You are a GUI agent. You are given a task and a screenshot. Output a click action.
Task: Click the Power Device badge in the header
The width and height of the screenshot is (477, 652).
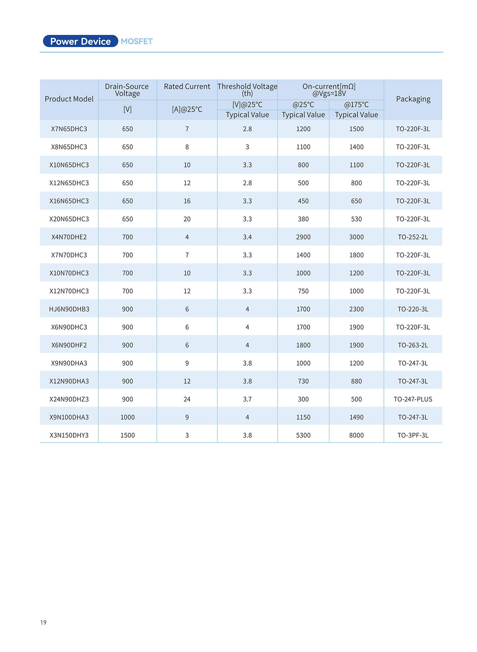tap(80, 41)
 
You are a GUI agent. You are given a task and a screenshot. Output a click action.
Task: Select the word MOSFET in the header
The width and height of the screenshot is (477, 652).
tap(137, 41)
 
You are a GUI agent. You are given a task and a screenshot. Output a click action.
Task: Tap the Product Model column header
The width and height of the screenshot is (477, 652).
tap(69, 99)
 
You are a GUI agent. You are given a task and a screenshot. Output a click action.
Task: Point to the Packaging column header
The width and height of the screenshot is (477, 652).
tap(413, 99)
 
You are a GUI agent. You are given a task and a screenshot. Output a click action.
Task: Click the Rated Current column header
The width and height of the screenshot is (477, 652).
tap(187, 86)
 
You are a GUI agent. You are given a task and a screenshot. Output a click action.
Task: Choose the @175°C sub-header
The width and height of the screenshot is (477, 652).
tap(356, 105)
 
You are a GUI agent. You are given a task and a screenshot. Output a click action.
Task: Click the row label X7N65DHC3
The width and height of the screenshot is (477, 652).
tap(69, 129)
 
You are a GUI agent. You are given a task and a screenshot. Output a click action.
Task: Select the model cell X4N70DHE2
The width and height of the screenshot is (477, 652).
tap(69, 237)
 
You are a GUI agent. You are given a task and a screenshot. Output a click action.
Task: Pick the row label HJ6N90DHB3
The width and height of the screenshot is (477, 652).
tap(69, 309)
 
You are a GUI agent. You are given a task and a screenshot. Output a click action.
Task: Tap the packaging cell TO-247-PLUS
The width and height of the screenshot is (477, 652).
tap(413, 399)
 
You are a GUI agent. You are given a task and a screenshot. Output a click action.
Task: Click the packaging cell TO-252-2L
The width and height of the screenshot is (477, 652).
tap(413, 237)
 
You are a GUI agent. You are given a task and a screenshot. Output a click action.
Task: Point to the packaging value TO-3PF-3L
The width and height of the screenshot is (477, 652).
tap(413, 435)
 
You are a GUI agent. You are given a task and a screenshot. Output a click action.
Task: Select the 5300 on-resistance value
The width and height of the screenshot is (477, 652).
tap(303, 435)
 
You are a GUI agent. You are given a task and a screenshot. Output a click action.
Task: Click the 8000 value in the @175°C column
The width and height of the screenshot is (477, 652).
tap(356, 435)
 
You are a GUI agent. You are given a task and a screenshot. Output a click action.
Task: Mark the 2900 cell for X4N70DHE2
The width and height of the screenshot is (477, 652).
tap(303, 237)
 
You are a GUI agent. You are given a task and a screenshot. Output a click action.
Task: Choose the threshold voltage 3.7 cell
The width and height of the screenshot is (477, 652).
tap(247, 399)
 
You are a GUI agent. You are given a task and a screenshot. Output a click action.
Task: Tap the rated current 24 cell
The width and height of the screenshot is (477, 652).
tap(187, 399)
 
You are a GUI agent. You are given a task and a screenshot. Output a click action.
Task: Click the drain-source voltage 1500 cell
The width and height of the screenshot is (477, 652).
tap(127, 435)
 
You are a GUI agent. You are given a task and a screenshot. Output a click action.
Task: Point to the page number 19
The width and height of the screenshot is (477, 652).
tap(43, 623)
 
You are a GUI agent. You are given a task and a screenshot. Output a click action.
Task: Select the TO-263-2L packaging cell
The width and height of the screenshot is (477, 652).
tap(413, 345)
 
